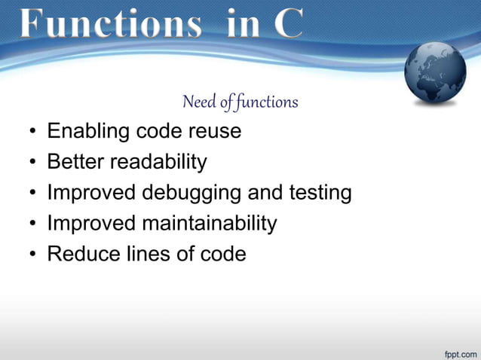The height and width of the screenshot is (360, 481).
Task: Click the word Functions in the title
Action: (x=110, y=24)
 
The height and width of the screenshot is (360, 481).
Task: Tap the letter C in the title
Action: (x=287, y=24)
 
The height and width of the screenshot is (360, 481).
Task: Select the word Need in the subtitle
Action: (x=198, y=102)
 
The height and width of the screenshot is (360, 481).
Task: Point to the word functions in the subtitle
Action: (x=267, y=102)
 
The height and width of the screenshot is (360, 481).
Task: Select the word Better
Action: (x=75, y=162)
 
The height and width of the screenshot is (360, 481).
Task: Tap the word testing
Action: (x=320, y=193)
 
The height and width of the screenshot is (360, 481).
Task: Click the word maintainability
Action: (x=202, y=224)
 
